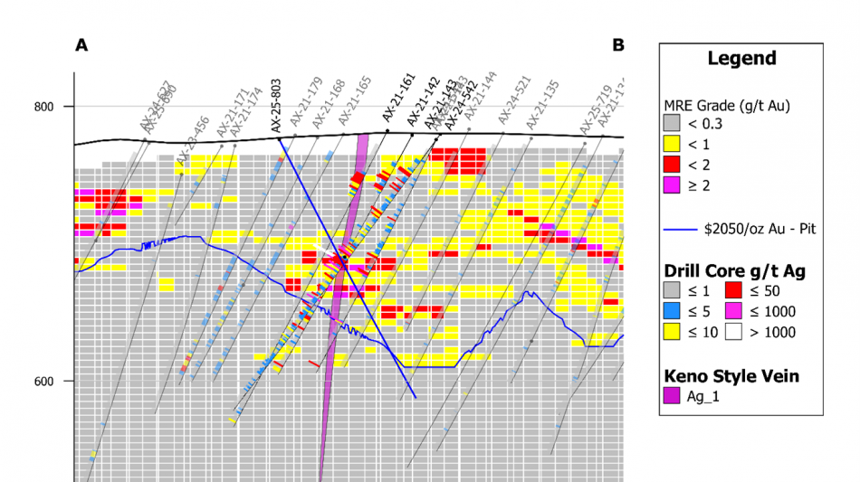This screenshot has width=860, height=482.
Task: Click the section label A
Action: pos(81,45)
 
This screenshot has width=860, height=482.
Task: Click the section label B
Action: pos(618,44)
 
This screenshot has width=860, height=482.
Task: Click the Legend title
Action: pos(741,59)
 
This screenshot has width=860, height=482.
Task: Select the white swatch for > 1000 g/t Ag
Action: pos(735,332)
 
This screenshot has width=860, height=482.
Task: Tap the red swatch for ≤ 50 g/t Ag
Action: pos(735,290)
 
